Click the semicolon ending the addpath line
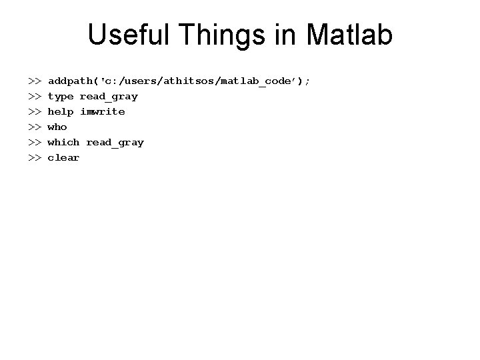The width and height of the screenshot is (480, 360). pyautogui.click(x=307, y=81)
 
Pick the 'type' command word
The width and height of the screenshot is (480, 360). pyautogui.click(x=60, y=96)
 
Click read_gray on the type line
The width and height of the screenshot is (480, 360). pyautogui.click(x=109, y=96)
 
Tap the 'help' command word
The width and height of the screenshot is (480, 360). pyautogui.click(x=60, y=111)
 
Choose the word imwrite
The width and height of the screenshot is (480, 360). pyautogui.click(x=102, y=111)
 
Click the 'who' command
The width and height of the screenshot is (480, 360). pyautogui.click(x=57, y=127)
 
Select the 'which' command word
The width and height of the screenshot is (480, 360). pyautogui.click(x=63, y=142)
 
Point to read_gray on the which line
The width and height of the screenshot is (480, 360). pyautogui.click(x=115, y=142)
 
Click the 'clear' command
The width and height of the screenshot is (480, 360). pyautogui.click(x=63, y=157)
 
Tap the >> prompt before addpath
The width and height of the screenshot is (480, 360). pyautogui.click(x=35, y=81)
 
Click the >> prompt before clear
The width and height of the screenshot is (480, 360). pyautogui.click(x=35, y=157)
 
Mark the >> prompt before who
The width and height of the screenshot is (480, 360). pyautogui.click(x=35, y=127)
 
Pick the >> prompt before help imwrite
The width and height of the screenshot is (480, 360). pyautogui.click(x=35, y=111)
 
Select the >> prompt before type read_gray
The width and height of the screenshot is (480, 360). pyautogui.click(x=35, y=96)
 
